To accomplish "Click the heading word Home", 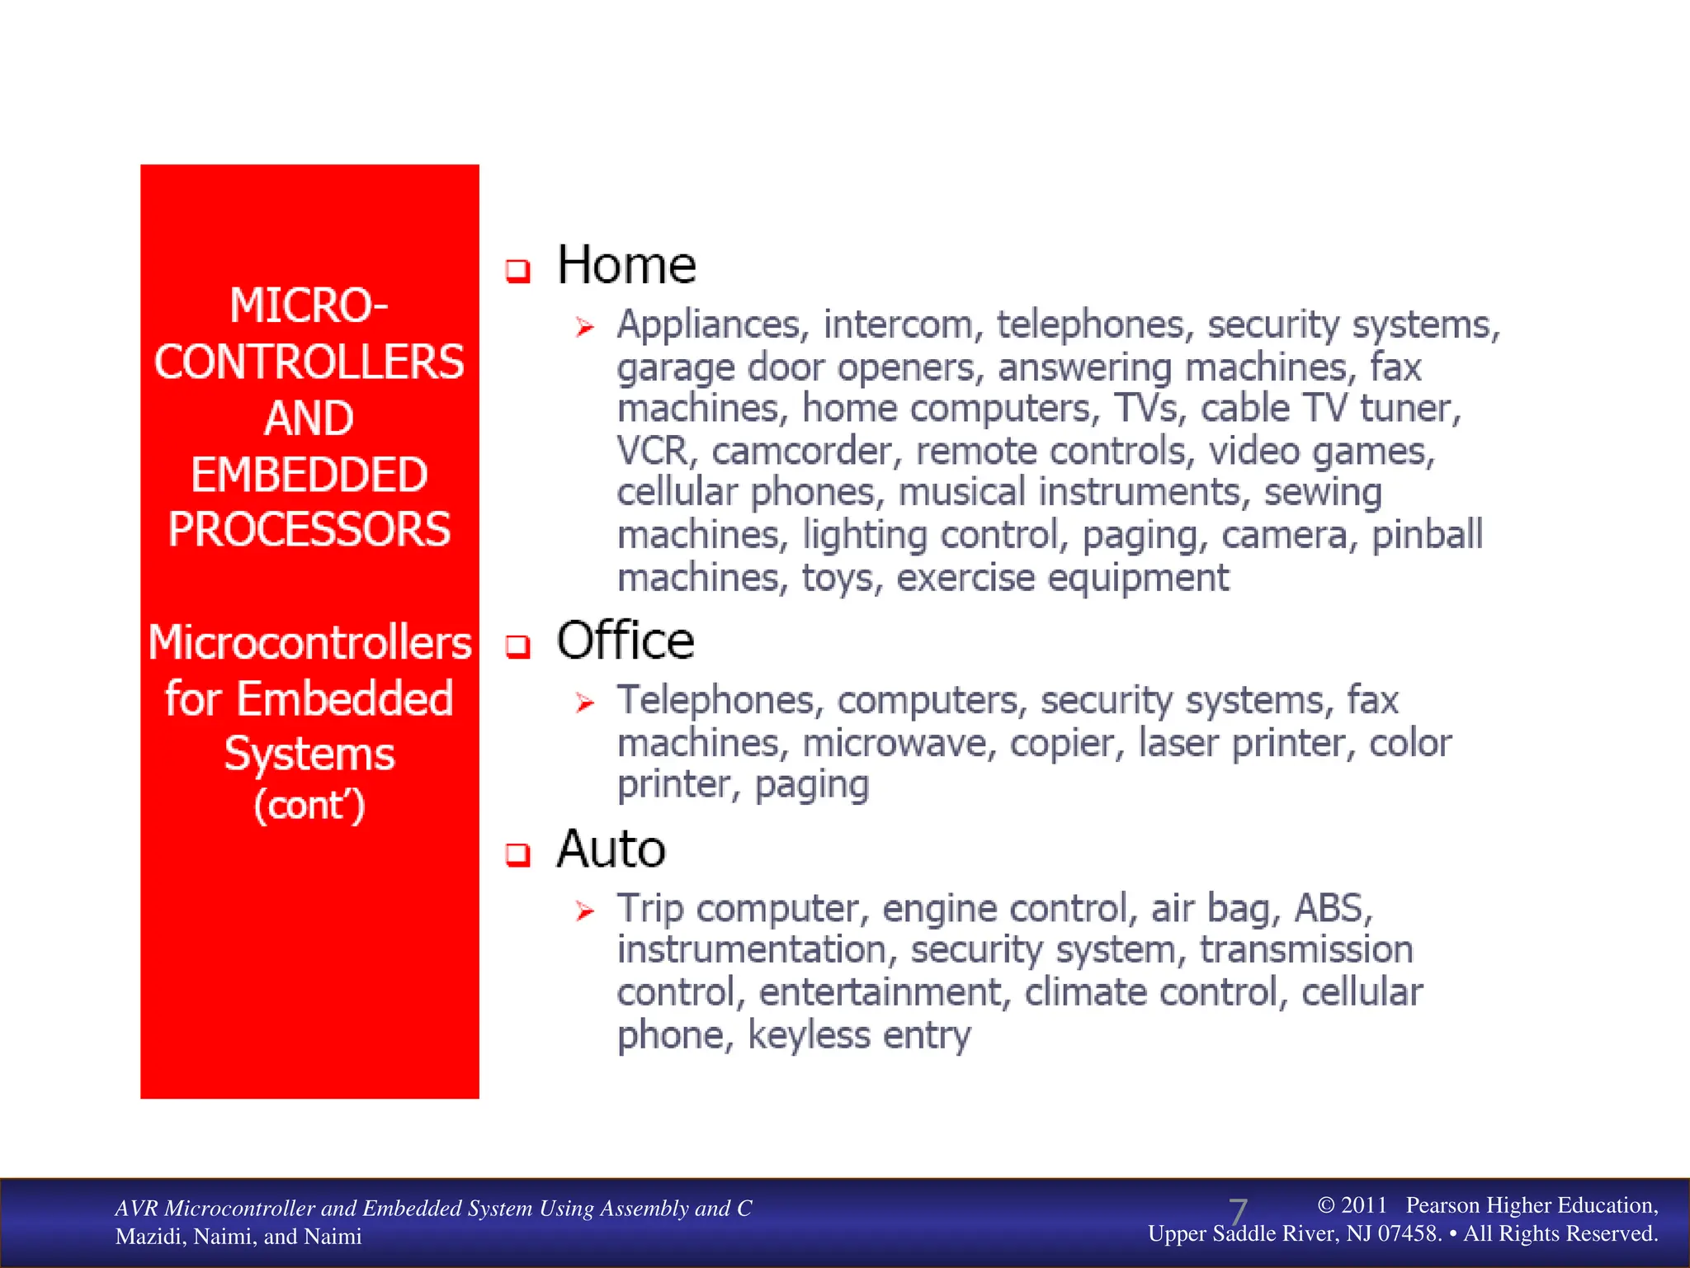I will [x=626, y=266].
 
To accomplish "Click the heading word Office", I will [x=625, y=641].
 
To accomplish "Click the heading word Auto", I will [x=611, y=849].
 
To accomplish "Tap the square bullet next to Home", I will [x=517, y=271].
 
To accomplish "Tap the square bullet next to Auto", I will [x=517, y=854].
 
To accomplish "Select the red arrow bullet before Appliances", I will [x=585, y=328].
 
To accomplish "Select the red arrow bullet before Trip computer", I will [x=585, y=911].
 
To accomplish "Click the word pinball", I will [x=1427, y=535].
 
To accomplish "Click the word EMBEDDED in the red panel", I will [x=309, y=475].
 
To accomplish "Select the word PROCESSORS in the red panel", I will [x=309, y=530].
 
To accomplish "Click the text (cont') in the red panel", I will [x=309, y=806].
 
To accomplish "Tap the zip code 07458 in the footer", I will [x=1409, y=1234].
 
